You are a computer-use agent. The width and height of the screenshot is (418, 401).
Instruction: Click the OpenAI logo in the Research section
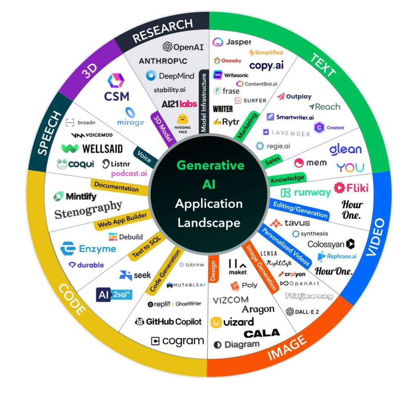pos(183,47)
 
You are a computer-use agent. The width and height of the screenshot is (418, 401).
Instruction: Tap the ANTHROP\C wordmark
pos(163,61)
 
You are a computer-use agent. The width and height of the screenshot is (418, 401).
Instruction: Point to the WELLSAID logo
pos(92,149)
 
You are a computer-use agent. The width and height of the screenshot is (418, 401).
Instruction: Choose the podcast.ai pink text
pos(129,174)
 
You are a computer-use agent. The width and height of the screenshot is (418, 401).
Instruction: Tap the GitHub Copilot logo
pos(168,322)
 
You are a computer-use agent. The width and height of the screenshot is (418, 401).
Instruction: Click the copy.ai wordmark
pos(266,65)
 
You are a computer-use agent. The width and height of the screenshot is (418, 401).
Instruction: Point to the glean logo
pos(345,149)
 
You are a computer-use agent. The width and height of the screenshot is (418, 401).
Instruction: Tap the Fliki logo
pos(351,187)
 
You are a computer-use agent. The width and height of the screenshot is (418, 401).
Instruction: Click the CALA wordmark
pos(262,333)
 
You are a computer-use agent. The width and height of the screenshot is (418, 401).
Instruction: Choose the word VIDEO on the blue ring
pos(376,237)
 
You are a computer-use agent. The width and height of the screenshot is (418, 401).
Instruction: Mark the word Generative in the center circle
pos(210,165)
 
